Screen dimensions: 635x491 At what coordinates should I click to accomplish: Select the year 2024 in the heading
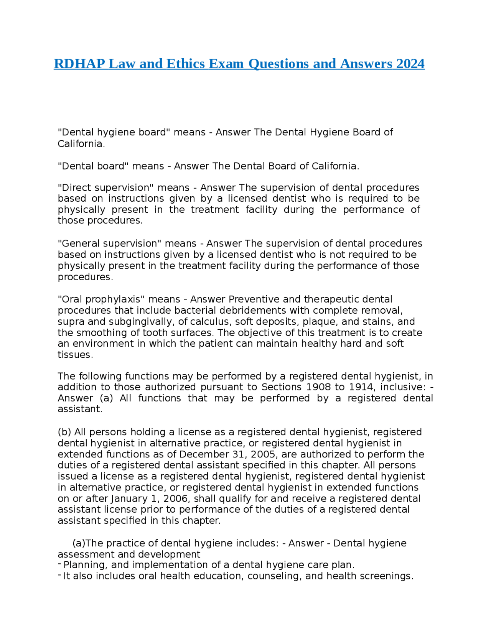(410, 64)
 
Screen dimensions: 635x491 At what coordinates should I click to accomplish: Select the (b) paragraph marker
(64, 432)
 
